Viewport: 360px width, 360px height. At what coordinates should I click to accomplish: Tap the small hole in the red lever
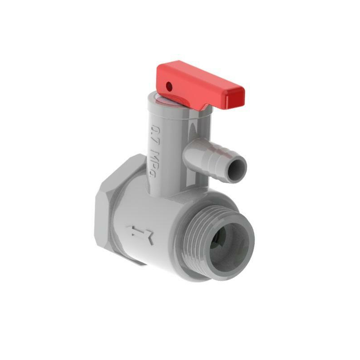pos(169,85)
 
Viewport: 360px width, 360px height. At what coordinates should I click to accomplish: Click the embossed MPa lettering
pos(155,163)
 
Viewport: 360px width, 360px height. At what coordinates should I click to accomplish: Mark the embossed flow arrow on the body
pos(139,234)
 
